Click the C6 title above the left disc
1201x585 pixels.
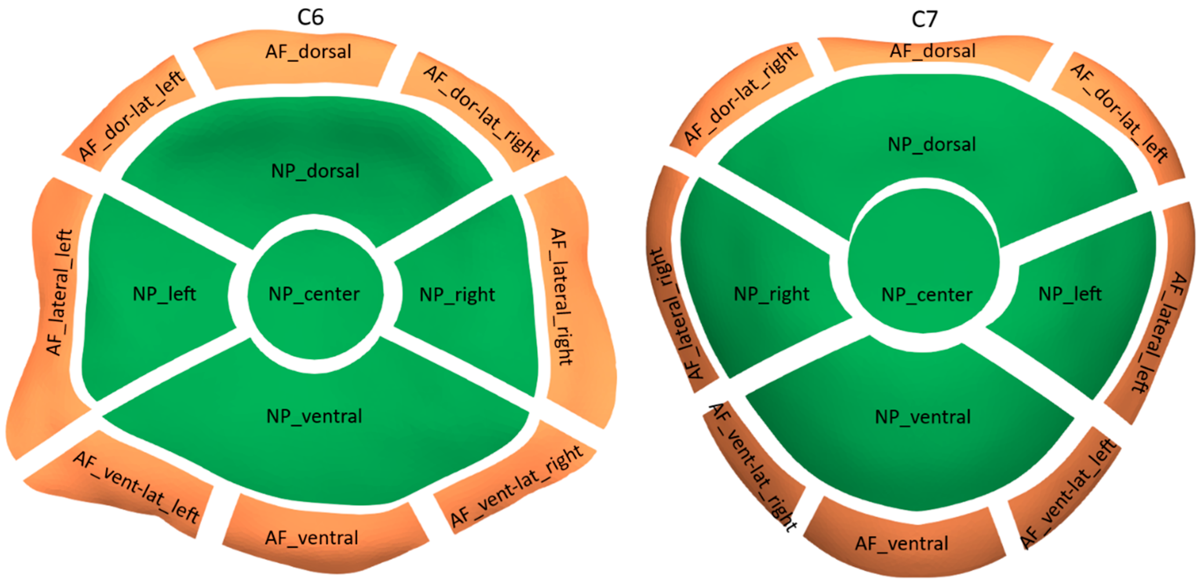[310, 17]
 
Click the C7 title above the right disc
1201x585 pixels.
[924, 19]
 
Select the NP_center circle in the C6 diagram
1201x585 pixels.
[315, 294]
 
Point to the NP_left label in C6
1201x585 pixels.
[164, 294]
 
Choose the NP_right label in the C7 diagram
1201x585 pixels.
[772, 294]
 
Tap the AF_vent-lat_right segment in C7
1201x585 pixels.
[750, 466]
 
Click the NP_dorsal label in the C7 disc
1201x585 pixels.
[931, 144]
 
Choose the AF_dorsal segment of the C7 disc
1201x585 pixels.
[933, 51]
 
